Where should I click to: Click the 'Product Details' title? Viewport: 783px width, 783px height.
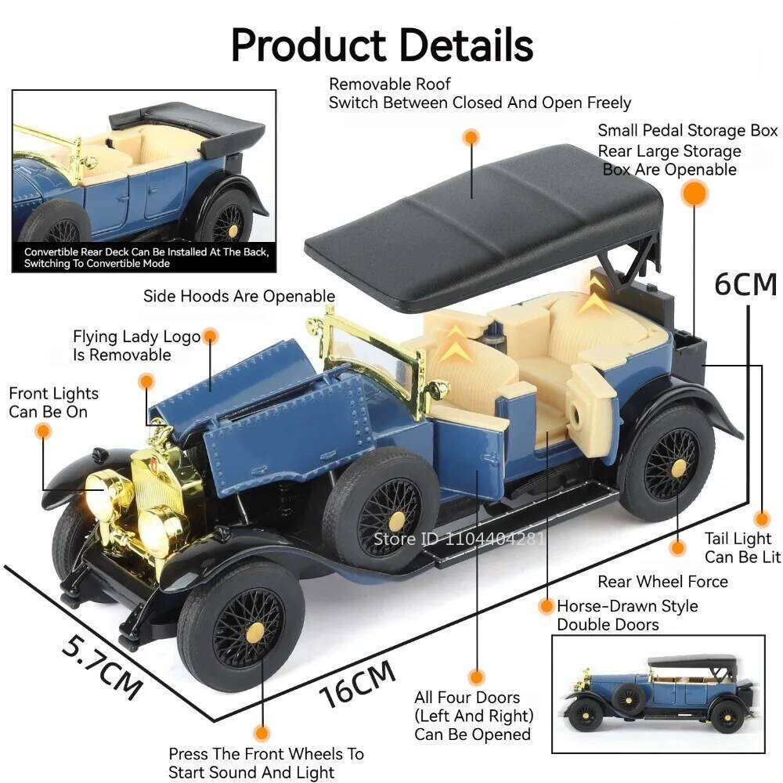tap(382, 45)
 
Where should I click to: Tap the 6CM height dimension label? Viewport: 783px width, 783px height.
tap(745, 284)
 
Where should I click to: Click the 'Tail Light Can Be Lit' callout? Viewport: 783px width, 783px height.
tap(742, 548)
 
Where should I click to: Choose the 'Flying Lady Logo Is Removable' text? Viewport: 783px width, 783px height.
tap(136, 345)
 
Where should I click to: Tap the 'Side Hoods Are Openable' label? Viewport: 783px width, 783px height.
tap(239, 296)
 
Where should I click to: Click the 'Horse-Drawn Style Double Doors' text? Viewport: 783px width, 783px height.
tap(627, 615)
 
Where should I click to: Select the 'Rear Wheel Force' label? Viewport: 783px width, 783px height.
tap(662, 582)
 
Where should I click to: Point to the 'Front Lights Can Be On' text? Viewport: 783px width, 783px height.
tap(53, 402)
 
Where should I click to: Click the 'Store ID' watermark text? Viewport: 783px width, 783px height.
tap(459, 539)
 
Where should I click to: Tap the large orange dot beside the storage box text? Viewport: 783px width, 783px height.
tap(694, 193)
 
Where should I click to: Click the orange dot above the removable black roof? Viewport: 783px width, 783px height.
tap(471, 137)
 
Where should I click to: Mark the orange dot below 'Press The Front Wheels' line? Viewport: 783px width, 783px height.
tap(262, 733)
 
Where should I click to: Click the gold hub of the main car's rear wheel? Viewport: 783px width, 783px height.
tap(679, 468)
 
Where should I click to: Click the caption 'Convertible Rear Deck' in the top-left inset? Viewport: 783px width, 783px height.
tap(146, 258)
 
